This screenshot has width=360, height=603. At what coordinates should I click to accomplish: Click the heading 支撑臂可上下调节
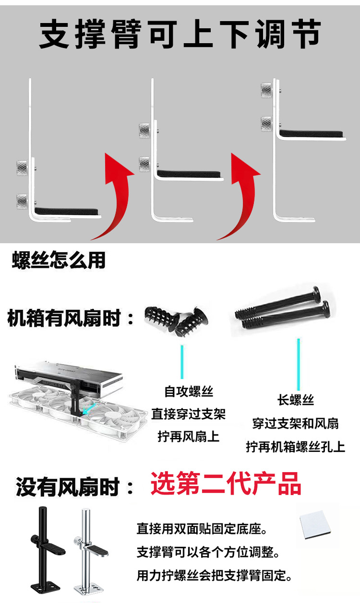click(180, 35)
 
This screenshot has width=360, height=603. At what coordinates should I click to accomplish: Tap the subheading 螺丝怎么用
click(58, 260)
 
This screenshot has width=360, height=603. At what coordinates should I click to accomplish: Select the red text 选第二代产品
click(226, 484)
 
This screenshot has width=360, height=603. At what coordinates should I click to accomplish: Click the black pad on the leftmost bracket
click(68, 211)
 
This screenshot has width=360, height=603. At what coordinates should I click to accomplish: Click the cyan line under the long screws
click(298, 364)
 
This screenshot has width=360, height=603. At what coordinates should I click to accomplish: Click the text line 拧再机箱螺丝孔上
click(295, 447)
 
